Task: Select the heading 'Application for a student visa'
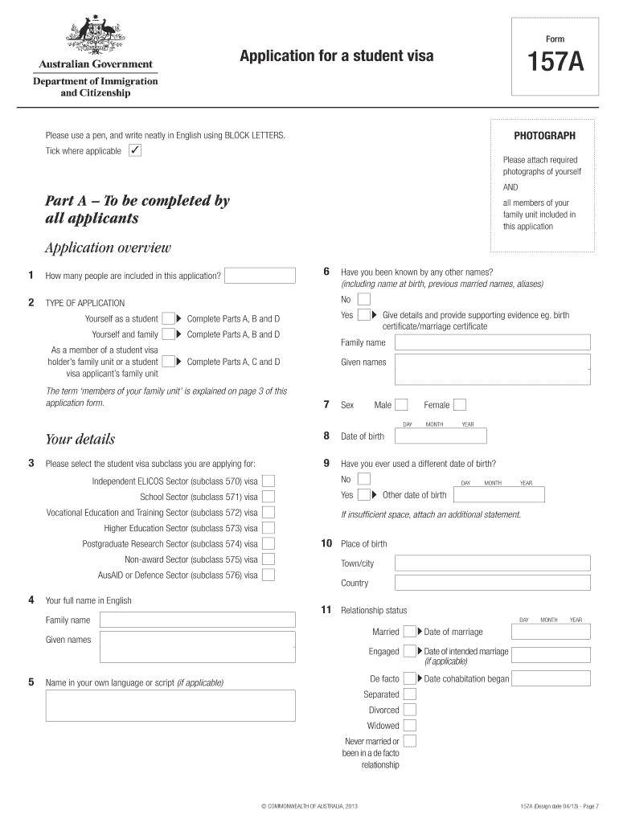tap(336, 55)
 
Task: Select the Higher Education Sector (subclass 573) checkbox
tap(269, 528)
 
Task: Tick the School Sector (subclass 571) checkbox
tap(269, 497)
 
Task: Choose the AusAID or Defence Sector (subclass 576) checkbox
tap(269, 575)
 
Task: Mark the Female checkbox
tap(460, 405)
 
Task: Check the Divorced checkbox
tap(410, 710)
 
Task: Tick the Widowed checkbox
tap(410, 726)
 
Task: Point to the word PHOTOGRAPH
tap(545, 135)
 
